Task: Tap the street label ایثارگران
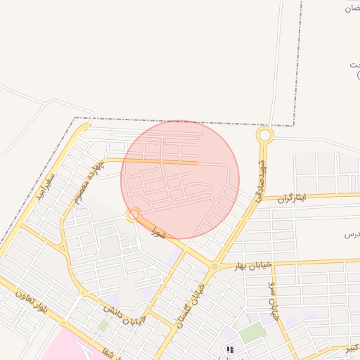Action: pos(293,198)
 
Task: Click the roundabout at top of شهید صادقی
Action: pos(264,134)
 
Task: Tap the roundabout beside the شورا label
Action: pos(134,214)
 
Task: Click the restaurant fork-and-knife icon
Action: pos(229,349)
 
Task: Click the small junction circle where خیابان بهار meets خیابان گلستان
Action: pos(214,267)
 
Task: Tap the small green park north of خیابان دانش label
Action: pos(104,325)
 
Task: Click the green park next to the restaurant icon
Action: pos(252,333)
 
